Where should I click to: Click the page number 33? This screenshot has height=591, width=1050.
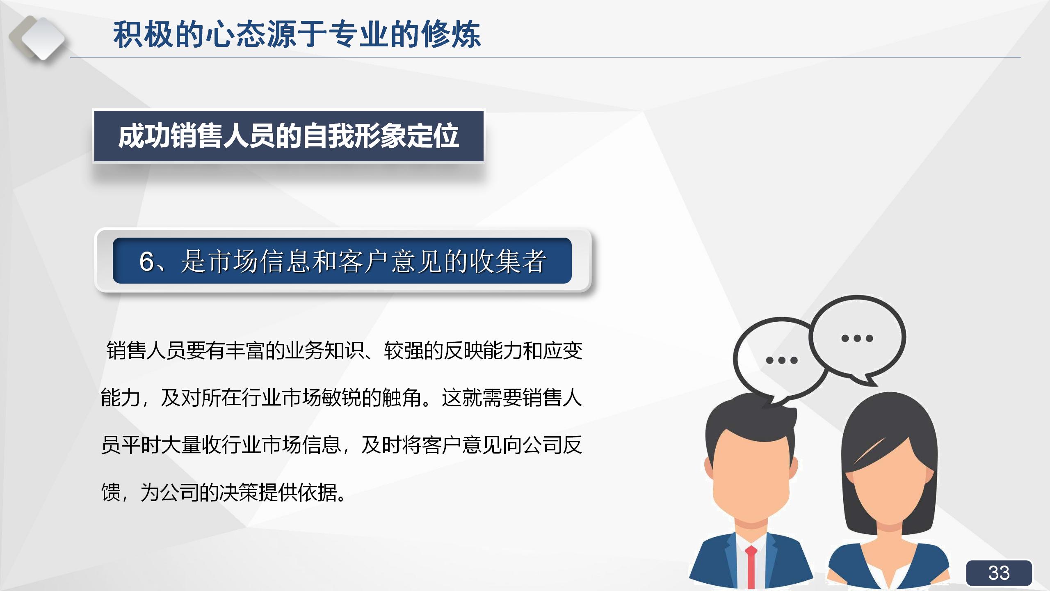click(999, 573)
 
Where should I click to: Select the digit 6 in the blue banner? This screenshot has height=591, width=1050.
click(147, 261)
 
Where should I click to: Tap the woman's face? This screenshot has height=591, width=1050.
click(890, 484)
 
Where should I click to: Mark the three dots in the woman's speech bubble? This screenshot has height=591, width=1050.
click(857, 339)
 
